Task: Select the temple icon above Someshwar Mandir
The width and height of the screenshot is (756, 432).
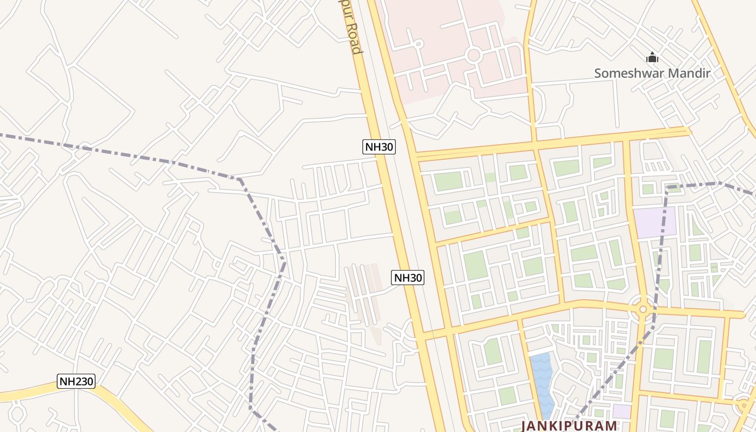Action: [652, 57]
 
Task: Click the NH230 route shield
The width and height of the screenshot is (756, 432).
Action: [76, 382]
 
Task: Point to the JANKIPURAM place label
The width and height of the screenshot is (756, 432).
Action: [569, 426]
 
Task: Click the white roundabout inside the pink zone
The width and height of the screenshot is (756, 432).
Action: [474, 55]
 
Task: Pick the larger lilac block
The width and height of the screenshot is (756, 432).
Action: [654, 222]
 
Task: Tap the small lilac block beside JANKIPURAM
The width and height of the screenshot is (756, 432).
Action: [622, 411]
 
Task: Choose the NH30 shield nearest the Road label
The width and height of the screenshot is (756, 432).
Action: [379, 146]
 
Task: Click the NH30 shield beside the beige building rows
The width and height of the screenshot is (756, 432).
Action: [408, 278]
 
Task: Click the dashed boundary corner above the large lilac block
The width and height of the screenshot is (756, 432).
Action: [667, 187]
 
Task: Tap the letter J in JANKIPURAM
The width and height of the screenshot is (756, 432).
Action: [524, 426]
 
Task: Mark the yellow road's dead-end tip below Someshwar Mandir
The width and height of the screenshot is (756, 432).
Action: [688, 130]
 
